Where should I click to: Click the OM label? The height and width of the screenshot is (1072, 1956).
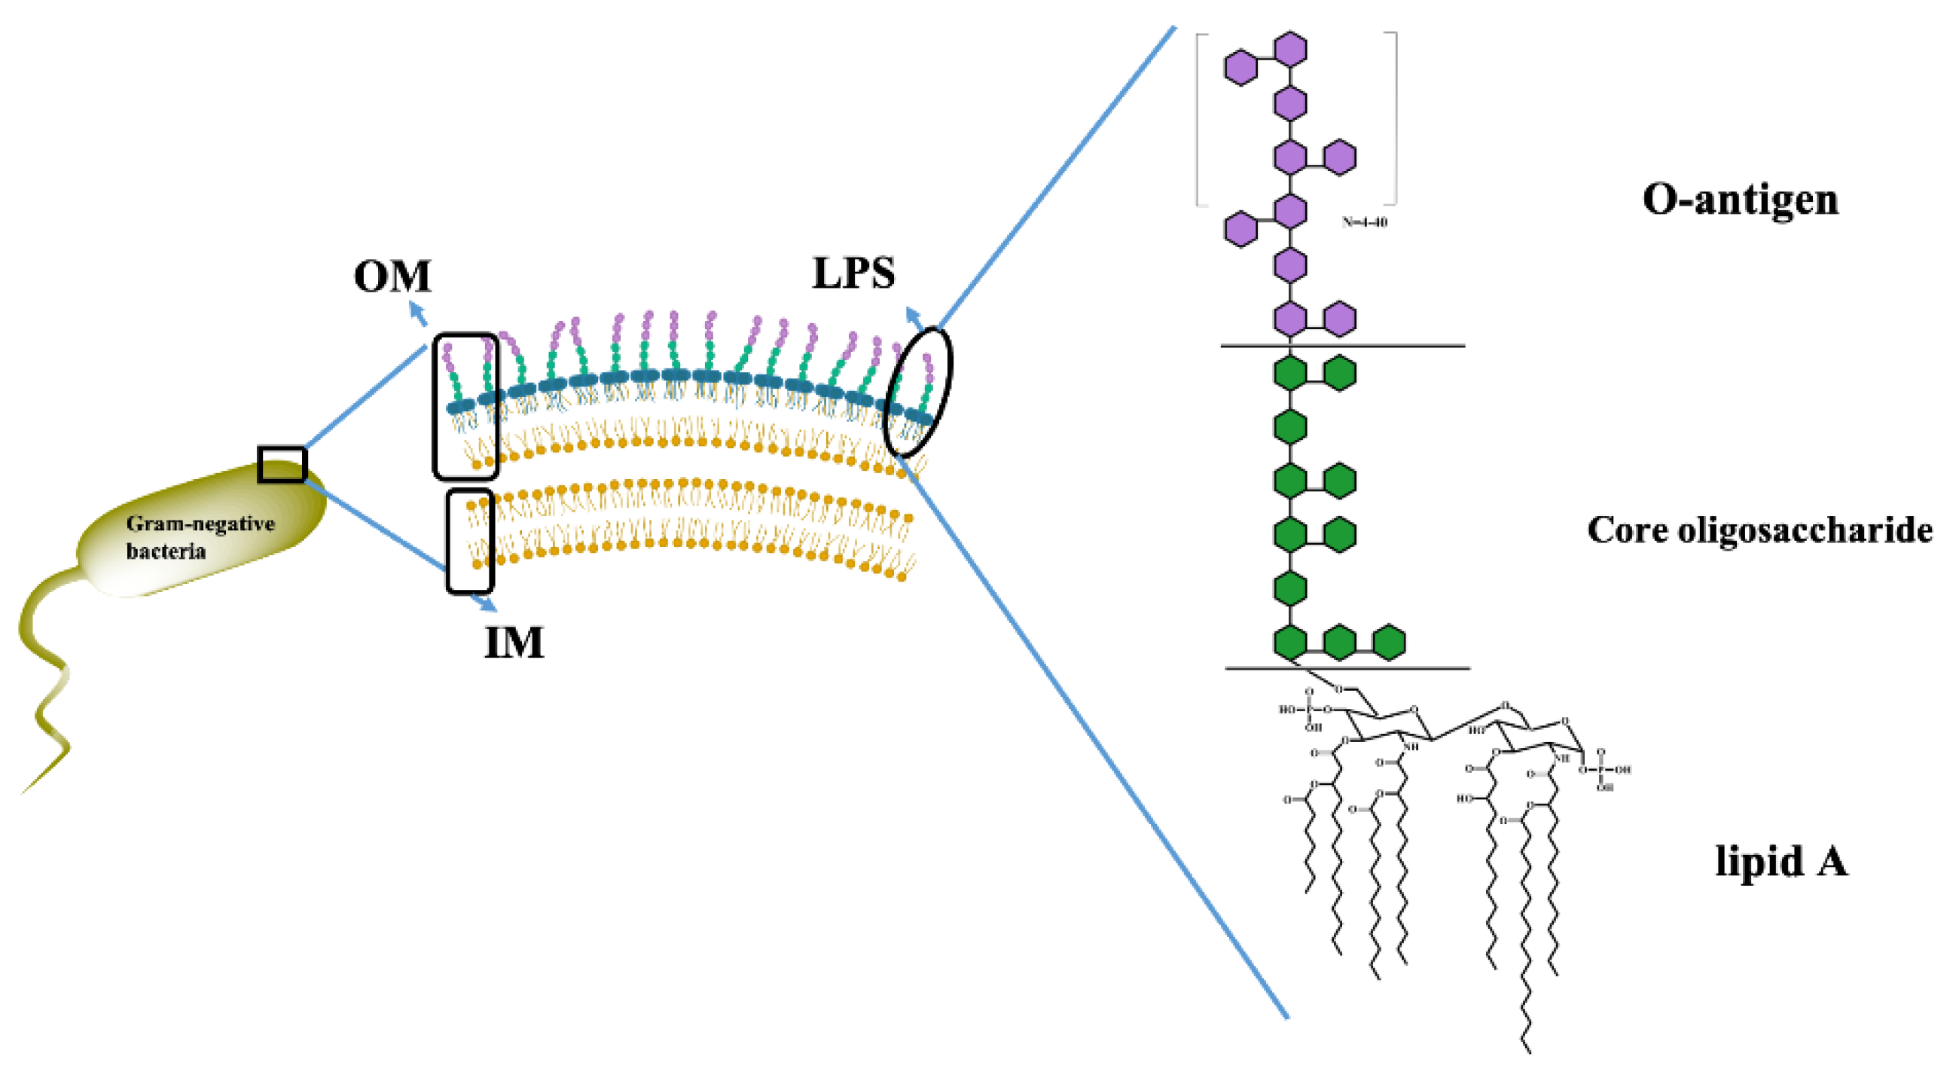click(392, 276)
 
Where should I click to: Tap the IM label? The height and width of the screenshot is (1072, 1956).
click(514, 643)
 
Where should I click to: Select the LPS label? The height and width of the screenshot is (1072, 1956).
click(853, 273)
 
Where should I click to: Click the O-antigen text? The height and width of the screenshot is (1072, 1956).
click(1741, 200)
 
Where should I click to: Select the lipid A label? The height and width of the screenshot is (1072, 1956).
click(1781, 862)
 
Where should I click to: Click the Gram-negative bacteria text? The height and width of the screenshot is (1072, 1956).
click(200, 536)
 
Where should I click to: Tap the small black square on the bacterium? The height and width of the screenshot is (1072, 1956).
click(282, 464)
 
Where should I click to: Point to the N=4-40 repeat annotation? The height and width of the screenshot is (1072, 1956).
click(1365, 222)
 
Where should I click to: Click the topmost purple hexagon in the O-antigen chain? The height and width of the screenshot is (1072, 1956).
click(1289, 50)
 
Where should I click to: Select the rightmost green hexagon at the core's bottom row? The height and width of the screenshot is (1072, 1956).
click(1389, 642)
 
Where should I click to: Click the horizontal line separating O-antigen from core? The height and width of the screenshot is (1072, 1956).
click(1342, 347)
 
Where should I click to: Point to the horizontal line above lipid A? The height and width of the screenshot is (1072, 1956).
click(1347, 668)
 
